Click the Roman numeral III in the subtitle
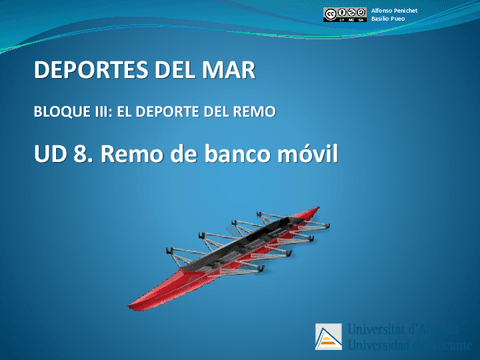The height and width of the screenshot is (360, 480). click(x=111, y=111)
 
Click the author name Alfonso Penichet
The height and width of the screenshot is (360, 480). click(x=394, y=9)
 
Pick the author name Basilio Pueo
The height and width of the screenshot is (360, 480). click(x=387, y=19)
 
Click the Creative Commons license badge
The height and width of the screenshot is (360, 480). click(x=344, y=14)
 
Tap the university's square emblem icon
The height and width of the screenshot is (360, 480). click(x=328, y=337)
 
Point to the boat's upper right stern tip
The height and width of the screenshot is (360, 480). click(x=317, y=209)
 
